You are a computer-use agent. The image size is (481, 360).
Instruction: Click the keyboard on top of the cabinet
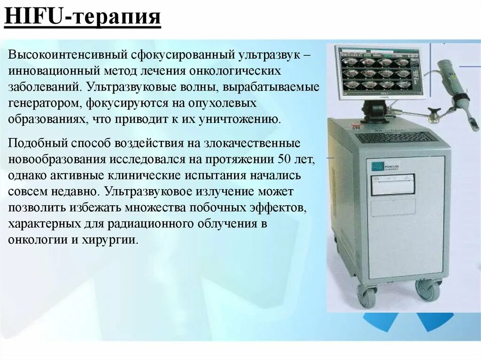click(397, 137)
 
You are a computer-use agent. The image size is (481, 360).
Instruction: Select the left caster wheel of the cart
click(367, 295)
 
